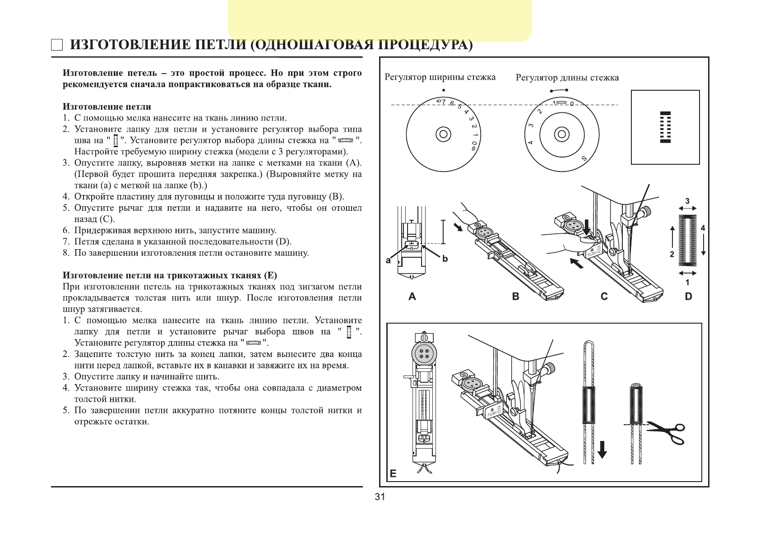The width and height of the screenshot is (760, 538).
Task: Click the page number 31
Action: [x=380, y=497]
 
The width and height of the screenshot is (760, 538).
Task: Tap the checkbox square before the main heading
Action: [x=57, y=45]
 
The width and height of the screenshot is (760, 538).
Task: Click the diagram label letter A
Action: [x=412, y=297]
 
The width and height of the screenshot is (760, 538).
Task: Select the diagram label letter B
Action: [x=516, y=297]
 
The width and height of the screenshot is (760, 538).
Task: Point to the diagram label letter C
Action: [x=604, y=297]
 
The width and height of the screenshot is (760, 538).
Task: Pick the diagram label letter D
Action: [x=688, y=297]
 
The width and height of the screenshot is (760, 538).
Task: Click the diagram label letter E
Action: [x=393, y=473]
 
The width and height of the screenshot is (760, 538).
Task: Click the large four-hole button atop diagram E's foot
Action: [x=424, y=354]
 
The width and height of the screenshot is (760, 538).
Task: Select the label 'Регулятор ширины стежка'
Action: [x=440, y=77]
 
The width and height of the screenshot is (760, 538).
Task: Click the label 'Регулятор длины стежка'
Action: [x=567, y=78]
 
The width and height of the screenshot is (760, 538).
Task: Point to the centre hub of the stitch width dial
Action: [x=443, y=134]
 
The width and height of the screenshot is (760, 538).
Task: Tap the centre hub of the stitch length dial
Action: [x=561, y=134]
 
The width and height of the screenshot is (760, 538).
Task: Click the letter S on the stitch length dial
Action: [x=584, y=158]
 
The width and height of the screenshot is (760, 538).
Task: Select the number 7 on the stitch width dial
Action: [x=444, y=102]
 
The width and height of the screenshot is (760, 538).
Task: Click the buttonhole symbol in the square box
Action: [x=665, y=127]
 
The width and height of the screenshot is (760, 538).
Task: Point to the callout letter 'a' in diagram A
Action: [x=388, y=260]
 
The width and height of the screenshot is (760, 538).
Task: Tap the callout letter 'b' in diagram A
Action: [x=445, y=259]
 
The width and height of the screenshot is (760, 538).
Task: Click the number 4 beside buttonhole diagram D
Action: [x=703, y=228]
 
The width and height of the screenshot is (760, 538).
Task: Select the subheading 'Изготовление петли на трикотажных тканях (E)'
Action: [x=170, y=275]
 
